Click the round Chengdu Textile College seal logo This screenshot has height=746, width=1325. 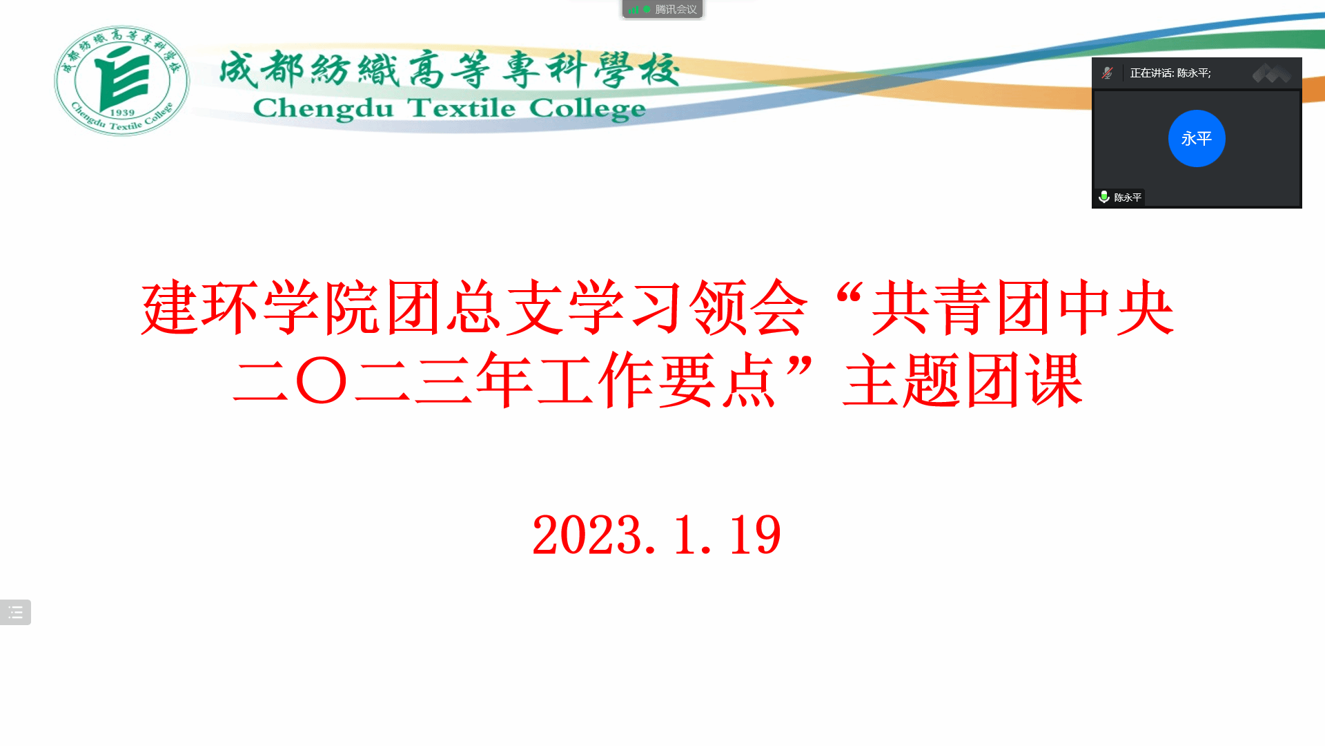pos(122,81)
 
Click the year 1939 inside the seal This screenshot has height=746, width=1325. pos(122,113)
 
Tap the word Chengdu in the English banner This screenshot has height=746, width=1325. pos(323,109)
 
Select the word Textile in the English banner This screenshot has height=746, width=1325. pos(460,108)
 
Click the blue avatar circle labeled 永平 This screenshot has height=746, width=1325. pos(1197,138)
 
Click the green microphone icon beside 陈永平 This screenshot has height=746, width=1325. pos(1104,197)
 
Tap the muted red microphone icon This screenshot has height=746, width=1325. pos(1107,73)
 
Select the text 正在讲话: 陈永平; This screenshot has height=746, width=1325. pos(1170,73)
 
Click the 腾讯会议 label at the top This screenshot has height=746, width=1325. pos(676,10)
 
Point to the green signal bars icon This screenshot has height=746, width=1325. pos(634,10)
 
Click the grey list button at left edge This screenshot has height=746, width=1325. pos(15,612)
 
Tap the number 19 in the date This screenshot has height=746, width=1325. pos(755,535)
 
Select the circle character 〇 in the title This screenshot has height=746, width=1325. pos(321,380)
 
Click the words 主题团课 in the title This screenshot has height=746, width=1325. pos(963,380)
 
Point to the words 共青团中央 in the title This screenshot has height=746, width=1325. pos(1023,307)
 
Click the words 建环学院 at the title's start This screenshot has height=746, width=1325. pos(261,307)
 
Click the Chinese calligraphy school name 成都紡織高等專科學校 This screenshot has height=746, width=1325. pos(449,69)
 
